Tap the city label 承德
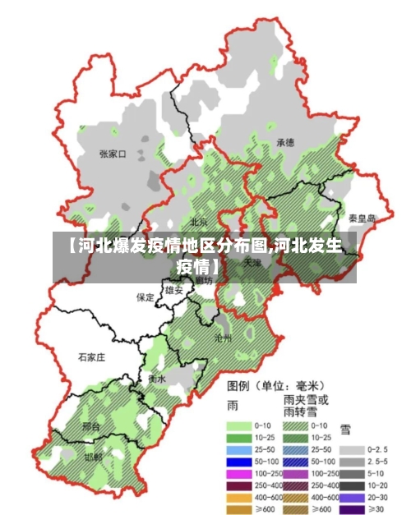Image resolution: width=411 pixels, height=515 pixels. coord(285,142)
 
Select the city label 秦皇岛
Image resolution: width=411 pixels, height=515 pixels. coord(362,218)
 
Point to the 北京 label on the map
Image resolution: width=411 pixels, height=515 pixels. coord(199,221)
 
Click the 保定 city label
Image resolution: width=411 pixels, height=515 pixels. coord(145,297)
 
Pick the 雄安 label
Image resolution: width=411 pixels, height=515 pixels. coord(174,290)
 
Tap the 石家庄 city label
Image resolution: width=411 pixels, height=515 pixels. coord(91,357)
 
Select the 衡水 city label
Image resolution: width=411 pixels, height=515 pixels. coord(157,379)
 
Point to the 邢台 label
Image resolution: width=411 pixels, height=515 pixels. coord(91,427)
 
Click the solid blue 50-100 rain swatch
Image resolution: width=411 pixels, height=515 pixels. coord(238,462)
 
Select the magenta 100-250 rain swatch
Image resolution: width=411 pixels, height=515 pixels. coord(238,474)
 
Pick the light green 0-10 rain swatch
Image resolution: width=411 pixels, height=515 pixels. coord(238,426)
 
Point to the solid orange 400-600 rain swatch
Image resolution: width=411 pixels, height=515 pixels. coord(238,498)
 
